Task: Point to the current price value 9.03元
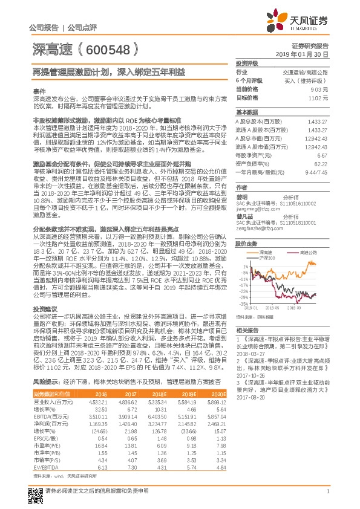[x=320, y=89]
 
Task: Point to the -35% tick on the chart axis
[x=241, y=304]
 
